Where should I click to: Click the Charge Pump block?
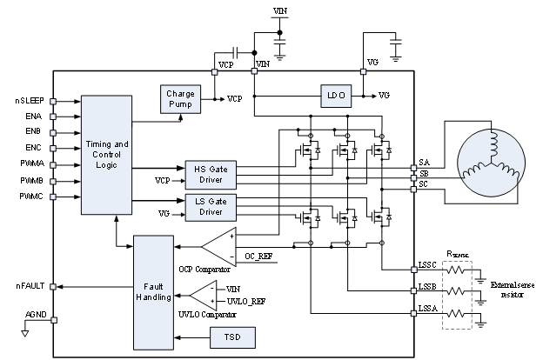(180, 99)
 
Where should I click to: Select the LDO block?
(333, 95)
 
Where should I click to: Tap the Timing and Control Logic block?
(107, 155)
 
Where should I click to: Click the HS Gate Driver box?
(204, 174)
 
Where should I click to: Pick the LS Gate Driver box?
(204, 207)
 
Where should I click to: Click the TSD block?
(231, 337)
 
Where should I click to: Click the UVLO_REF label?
(245, 301)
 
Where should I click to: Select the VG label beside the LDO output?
(385, 95)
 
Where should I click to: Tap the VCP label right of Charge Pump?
(235, 99)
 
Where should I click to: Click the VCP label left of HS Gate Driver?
(163, 181)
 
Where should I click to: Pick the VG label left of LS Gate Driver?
(164, 213)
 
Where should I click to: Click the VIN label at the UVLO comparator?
(233, 288)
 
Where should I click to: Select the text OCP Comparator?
(205, 269)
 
